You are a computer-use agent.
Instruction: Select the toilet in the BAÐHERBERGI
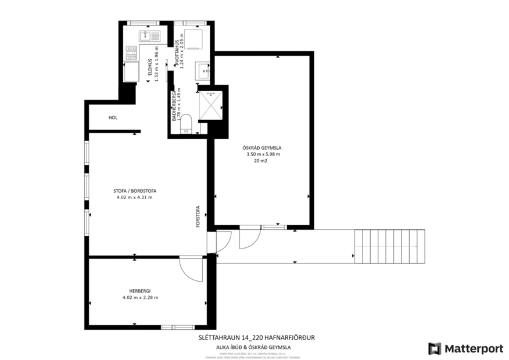coord(186,124)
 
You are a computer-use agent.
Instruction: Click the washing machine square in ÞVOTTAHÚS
coord(192,38)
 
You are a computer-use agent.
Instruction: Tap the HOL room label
coord(113,117)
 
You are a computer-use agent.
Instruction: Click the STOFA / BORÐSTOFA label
coord(134,190)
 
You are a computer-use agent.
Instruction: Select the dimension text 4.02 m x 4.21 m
coord(134,197)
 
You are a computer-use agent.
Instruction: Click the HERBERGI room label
coord(140,290)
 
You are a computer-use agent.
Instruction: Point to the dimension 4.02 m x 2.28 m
coord(140,297)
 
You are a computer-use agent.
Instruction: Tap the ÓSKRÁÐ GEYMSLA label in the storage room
coord(263,147)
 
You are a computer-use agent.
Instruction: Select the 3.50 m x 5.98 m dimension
coord(263,154)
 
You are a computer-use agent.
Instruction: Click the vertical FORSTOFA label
coord(198,218)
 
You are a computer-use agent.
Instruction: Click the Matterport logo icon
coord(435,348)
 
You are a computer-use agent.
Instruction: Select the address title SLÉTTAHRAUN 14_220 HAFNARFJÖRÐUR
coord(256,337)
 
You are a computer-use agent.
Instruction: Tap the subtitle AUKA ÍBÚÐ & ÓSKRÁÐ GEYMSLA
coord(256,347)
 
